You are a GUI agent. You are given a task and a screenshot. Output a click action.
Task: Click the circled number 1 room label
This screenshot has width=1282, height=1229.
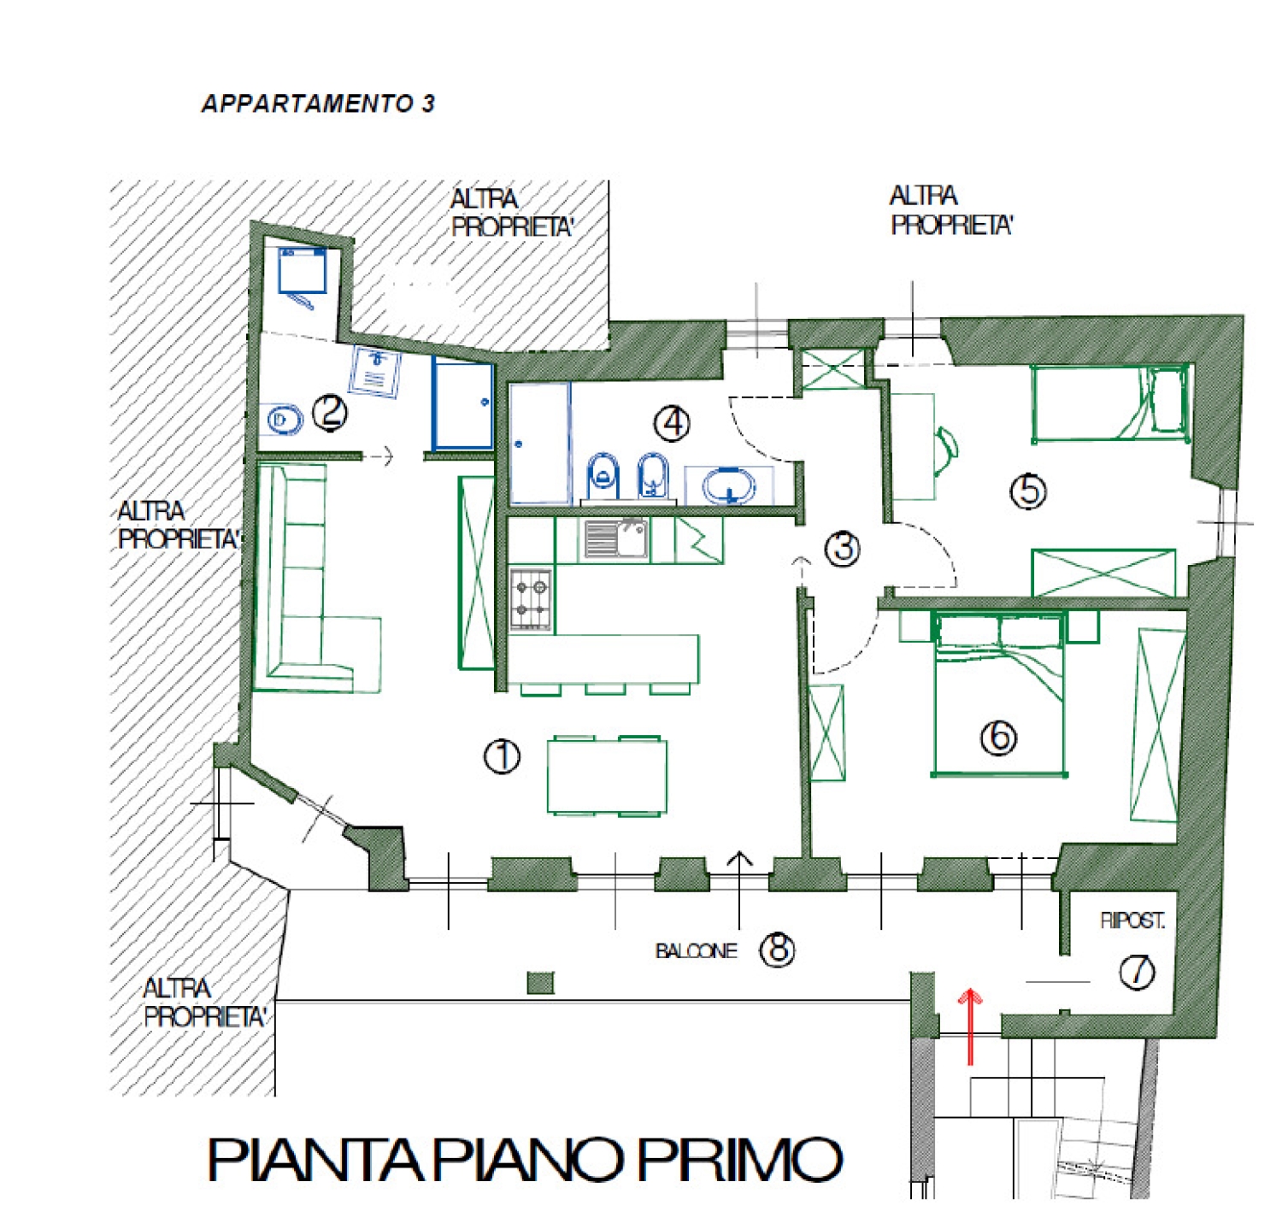502,756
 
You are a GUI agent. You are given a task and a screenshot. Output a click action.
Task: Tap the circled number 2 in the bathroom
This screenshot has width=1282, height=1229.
330,413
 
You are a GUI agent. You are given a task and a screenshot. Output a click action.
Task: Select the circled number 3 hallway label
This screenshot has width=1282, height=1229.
843,548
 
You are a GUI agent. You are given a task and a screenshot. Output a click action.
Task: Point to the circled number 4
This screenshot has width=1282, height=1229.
672,422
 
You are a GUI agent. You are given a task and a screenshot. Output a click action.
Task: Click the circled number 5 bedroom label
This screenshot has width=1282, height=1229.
1028,491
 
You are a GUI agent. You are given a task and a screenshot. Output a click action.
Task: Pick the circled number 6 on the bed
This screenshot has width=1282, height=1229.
998,737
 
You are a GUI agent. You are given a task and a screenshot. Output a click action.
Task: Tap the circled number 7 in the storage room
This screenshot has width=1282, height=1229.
1137,972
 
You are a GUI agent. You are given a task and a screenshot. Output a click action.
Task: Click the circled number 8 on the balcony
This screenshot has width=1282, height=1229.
777,949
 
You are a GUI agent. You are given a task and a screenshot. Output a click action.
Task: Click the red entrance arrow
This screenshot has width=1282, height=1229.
970,1026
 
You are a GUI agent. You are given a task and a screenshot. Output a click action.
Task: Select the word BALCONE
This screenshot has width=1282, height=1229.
696,951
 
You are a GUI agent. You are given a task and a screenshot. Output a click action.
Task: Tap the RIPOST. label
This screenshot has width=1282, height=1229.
1132,920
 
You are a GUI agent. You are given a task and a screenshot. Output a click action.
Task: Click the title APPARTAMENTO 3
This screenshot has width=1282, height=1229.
318,103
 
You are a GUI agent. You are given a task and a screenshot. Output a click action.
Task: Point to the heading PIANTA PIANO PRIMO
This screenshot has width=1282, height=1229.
525,1159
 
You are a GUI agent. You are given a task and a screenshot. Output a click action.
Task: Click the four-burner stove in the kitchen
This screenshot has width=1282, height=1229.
531,599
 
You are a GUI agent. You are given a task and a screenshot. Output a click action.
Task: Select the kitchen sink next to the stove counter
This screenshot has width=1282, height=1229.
615,538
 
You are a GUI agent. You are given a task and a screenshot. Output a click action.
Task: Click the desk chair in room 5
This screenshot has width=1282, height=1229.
945,450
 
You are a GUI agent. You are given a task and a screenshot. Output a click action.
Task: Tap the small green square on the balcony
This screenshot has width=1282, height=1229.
540,983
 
